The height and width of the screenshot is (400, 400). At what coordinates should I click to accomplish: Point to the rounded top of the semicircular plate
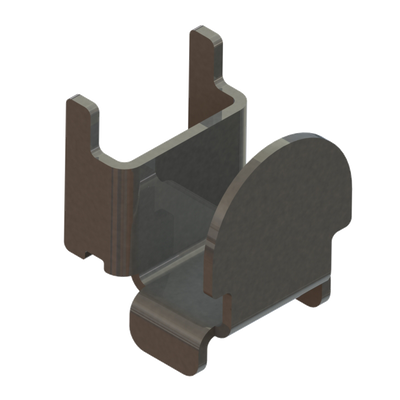pyautogui.click(x=300, y=141)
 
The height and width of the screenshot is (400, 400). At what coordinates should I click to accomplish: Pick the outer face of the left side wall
pyautogui.click(x=90, y=190)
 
